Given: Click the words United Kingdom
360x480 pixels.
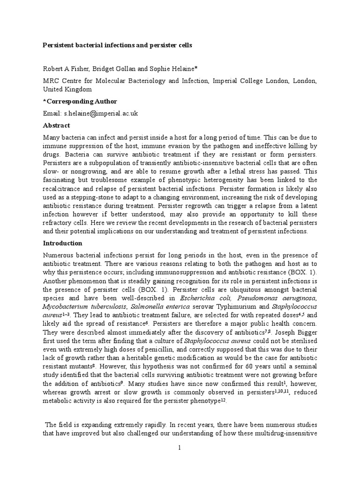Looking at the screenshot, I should point(67,89).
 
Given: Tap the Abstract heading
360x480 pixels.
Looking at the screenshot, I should point(56,126).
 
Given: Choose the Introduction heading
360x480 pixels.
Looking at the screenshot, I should point(63,243).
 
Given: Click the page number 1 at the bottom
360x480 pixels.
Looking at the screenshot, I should point(179,448).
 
